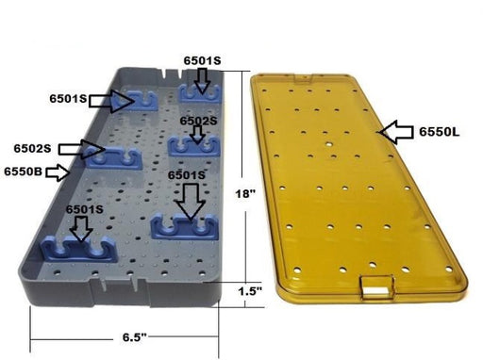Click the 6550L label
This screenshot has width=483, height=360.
439,132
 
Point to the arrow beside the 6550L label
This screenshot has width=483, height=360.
396,132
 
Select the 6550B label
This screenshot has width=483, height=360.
23,172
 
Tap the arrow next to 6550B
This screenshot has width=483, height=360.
58,172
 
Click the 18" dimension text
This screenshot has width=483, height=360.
245,193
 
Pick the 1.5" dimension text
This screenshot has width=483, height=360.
250,291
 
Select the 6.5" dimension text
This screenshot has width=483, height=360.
135,337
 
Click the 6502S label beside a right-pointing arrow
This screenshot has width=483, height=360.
32,148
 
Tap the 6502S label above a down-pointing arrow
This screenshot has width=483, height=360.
198,121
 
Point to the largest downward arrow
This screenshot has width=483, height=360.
191,201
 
